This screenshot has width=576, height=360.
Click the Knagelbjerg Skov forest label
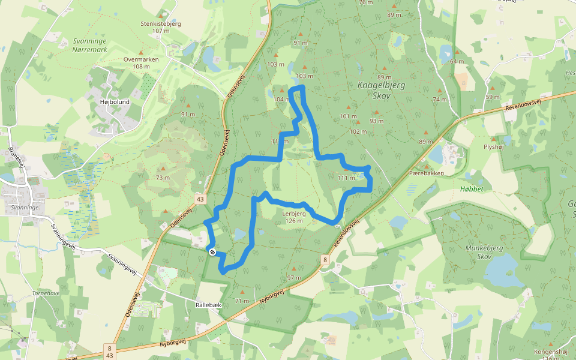(x=381, y=90)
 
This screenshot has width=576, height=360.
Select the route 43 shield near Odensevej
(x=200, y=198)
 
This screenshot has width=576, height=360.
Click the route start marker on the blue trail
(x=212, y=251)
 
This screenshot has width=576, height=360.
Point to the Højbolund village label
(x=114, y=102)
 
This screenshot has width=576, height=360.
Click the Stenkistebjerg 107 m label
(x=160, y=27)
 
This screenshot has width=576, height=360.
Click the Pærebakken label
(x=426, y=173)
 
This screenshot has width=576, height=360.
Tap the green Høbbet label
(x=471, y=188)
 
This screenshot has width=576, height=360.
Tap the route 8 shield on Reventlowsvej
(x=325, y=260)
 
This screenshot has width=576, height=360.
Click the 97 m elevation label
(x=294, y=278)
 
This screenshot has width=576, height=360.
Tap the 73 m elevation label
(x=163, y=178)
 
